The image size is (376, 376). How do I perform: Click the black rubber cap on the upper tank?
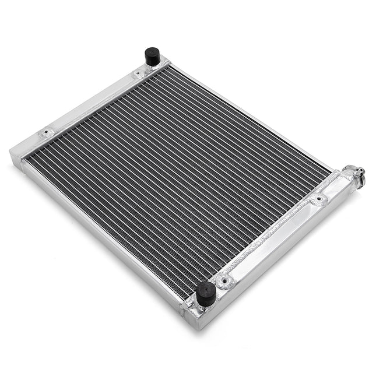point(153,56)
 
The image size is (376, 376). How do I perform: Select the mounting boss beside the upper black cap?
point(139,74)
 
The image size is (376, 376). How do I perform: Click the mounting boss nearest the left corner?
point(46,133)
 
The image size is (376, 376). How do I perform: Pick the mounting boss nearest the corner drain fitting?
point(318,201)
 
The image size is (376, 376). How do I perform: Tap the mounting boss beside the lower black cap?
point(223,282)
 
